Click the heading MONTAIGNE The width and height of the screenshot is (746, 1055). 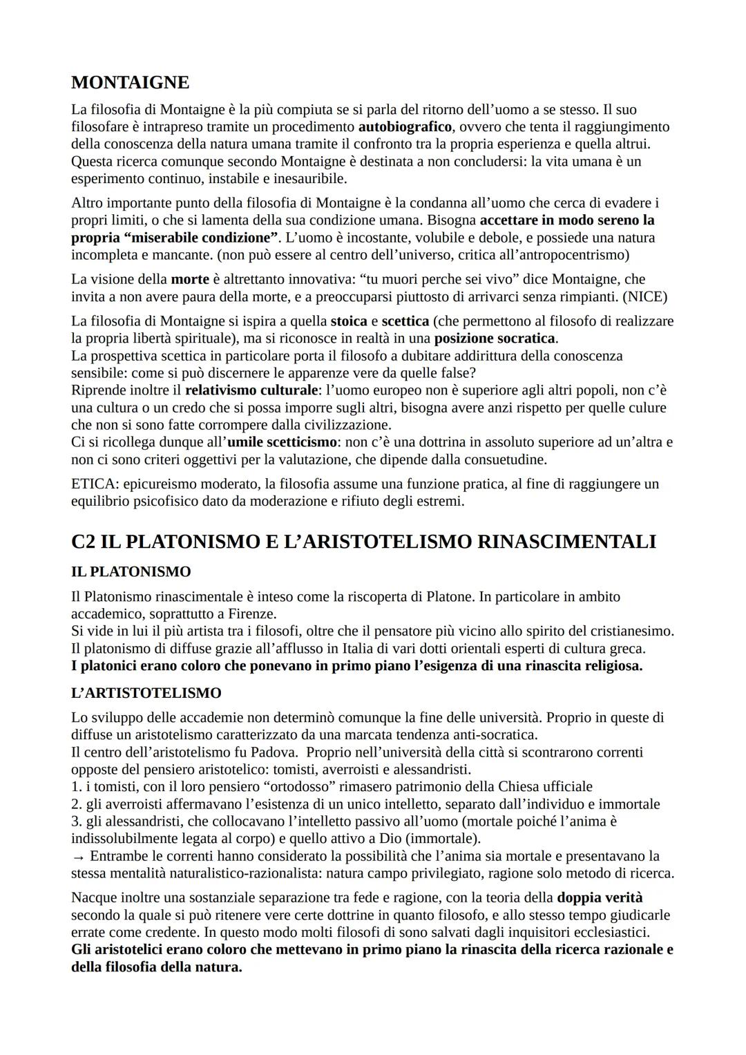pyautogui.click(x=130, y=83)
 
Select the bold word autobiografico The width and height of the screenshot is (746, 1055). pyautogui.click(x=405, y=127)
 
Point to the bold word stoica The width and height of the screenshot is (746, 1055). pyautogui.click(x=349, y=321)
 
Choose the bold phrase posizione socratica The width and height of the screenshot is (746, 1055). pyautogui.click(x=495, y=339)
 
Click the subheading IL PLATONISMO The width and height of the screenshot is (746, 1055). pyautogui.click(x=131, y=572)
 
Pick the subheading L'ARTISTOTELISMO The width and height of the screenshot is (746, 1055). pyautogui.click(x=146, y=693)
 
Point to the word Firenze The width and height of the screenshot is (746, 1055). pyautogui.click(x=253, y=614)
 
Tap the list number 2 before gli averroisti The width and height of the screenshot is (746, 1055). pyautogui.click(x=75, y=804)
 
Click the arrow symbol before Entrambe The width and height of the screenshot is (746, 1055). pyautogui.click(x=78, y=856)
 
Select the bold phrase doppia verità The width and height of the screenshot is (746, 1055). pyautogui.click(x=600, y=897)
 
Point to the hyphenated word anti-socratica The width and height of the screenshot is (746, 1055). pyautogui.click(x=488, y=734)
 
